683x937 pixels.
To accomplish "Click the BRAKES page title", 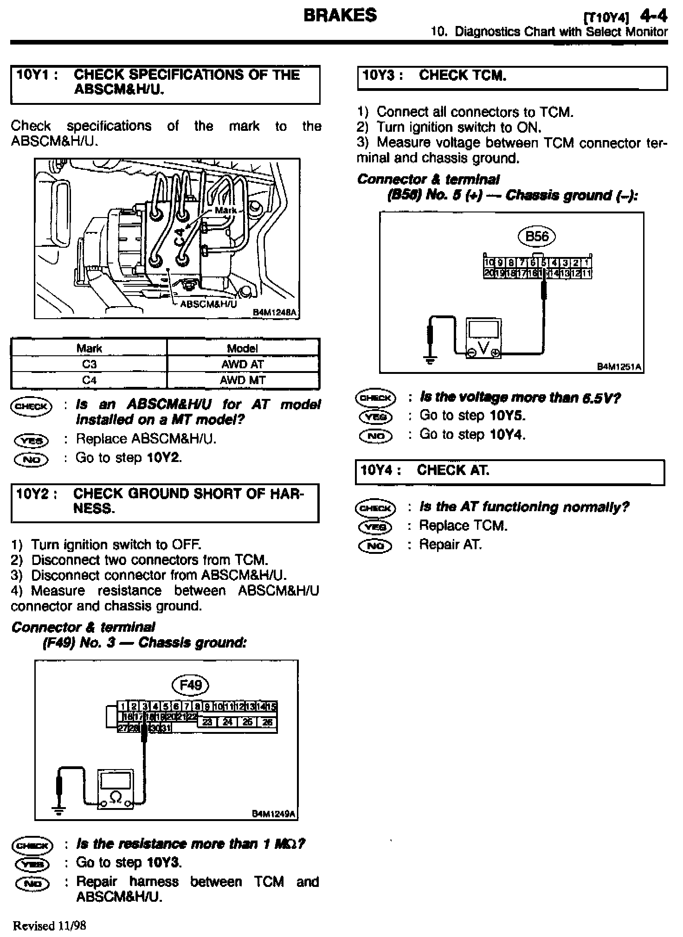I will tap(340, 15).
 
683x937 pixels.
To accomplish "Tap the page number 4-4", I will tap(653, 17).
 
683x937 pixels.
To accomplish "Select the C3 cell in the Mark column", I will tap(89, 364).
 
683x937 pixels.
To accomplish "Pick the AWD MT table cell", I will tap(243, 380).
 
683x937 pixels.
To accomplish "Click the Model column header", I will tap(243, 348).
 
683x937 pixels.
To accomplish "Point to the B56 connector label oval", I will tap(537, 237).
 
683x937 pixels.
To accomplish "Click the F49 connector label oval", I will tap(190, 685).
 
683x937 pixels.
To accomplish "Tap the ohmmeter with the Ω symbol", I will tap(115, 789).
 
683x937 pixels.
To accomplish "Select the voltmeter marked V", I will tap(484, 337).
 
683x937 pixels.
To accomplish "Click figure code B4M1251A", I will tap(619, 367).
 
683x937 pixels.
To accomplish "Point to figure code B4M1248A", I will tap(274, 313).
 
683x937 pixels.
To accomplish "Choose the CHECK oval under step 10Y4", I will tap(376, 507).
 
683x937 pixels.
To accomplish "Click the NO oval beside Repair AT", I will tap(375, 546).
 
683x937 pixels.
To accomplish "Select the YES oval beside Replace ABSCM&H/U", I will tap(31, 440).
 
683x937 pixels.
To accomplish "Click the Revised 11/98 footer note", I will tap(50, 926).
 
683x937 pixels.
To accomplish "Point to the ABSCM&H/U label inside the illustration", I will tap(208, 304).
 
